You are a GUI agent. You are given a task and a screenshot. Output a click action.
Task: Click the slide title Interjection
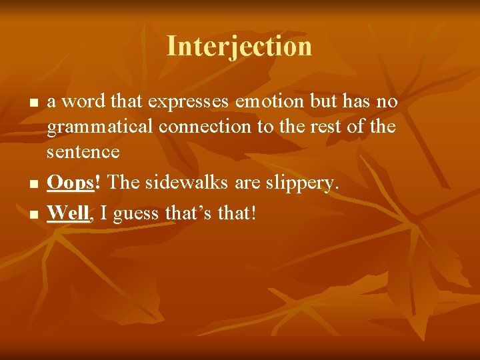tap(239, 46)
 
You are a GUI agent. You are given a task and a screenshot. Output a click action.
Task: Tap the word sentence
tap(83, 152)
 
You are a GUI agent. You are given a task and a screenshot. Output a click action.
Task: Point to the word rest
tap(313, 127)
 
